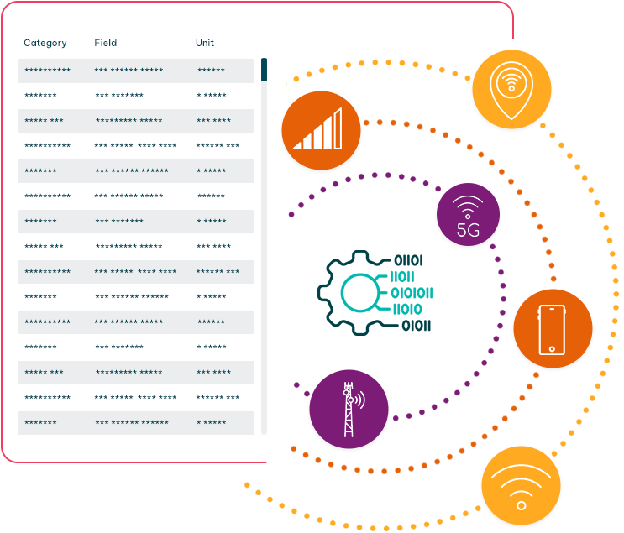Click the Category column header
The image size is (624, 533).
[x=45, y=43]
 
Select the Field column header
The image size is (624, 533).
[x=106, y=43]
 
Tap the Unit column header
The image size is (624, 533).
[x=205, y=43]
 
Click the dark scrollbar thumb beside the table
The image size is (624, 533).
[x=264, y=70]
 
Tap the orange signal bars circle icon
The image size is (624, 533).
[x=321, y=130]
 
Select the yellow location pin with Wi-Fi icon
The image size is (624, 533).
[x=511, y=89]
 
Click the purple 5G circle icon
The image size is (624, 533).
[x=468, y=214]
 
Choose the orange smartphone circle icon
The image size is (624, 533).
[x=553, y=328]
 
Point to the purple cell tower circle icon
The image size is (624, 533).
[x=349, y=410]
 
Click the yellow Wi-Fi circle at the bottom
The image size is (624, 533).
[x=521, y=486]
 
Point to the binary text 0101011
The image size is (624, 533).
[x=412, y=293]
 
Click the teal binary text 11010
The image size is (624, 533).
[x=407, y=310]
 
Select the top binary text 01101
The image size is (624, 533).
[x=408, y=260]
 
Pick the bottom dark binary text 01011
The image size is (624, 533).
[x=417, y=326]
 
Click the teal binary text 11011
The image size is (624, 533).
[x=402, y=277]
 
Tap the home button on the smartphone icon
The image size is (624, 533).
[x=552, y=349]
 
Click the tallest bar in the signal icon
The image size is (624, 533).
[x=338, y=128]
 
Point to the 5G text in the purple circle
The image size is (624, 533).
[x=468, y=230]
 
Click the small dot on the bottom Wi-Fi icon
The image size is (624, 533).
[x=522, y=506]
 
